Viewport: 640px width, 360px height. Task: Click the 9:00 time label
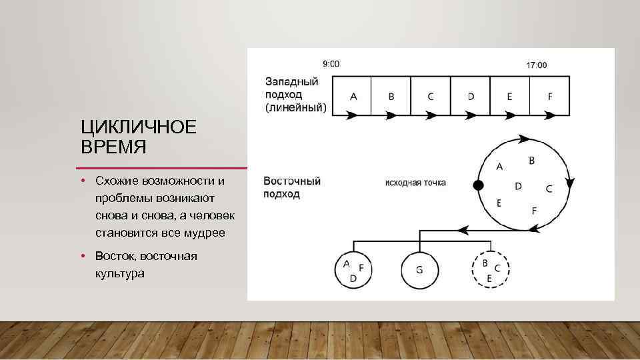click(331, 64)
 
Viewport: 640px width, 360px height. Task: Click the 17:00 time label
click(536, 65)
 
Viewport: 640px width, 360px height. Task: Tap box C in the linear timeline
click(431, 96)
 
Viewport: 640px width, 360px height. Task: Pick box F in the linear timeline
click(550, 96)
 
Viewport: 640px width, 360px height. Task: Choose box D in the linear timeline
click(471, 96)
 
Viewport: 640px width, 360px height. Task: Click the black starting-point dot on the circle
click(477, 185)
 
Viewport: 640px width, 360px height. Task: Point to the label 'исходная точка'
click(415, 182)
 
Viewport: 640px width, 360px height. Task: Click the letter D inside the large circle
click(518, 186)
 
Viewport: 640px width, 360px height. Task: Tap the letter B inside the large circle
click(531, 161)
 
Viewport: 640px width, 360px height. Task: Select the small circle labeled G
click(419, 270)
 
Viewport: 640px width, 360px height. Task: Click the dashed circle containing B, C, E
click(491, 270)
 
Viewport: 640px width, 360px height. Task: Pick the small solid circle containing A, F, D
click(353, 270)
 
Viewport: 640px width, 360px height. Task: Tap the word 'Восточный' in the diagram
click(292, 181)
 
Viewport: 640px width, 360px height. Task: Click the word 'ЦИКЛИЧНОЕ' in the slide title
click(139, 127)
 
